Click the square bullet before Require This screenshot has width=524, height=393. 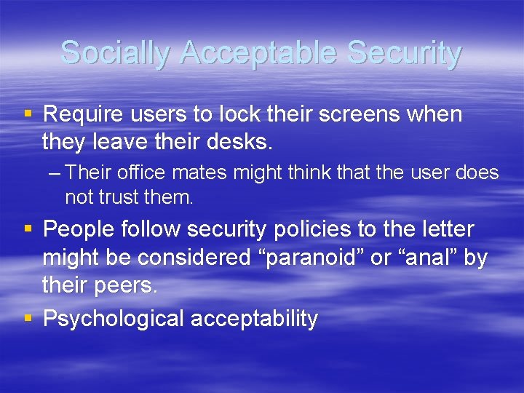(x=28, y=114)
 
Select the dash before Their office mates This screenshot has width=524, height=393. (x=57, y=173)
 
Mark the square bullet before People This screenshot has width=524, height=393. (x=28, y=229)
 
